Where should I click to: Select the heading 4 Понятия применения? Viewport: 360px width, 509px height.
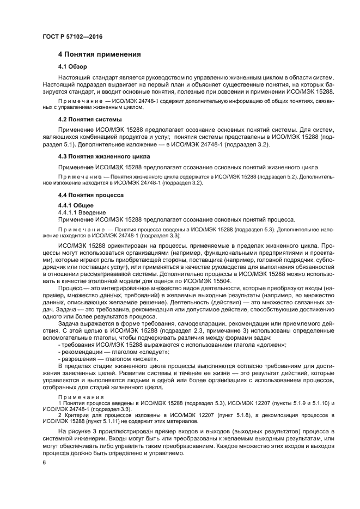pyautogui.click(x=100, y=54)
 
